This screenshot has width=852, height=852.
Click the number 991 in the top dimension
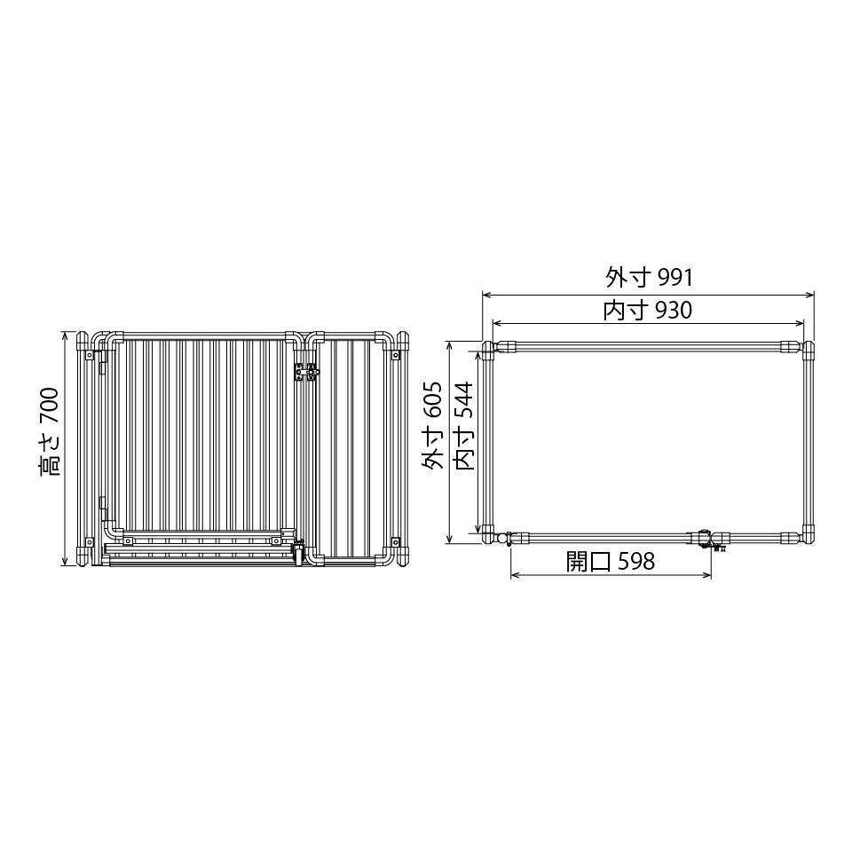coord(674,278)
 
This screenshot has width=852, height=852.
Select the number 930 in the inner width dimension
coord(673,311)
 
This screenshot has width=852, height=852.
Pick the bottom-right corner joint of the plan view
coord(809,535)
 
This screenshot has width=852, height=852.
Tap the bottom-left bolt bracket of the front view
coord(90,540)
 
